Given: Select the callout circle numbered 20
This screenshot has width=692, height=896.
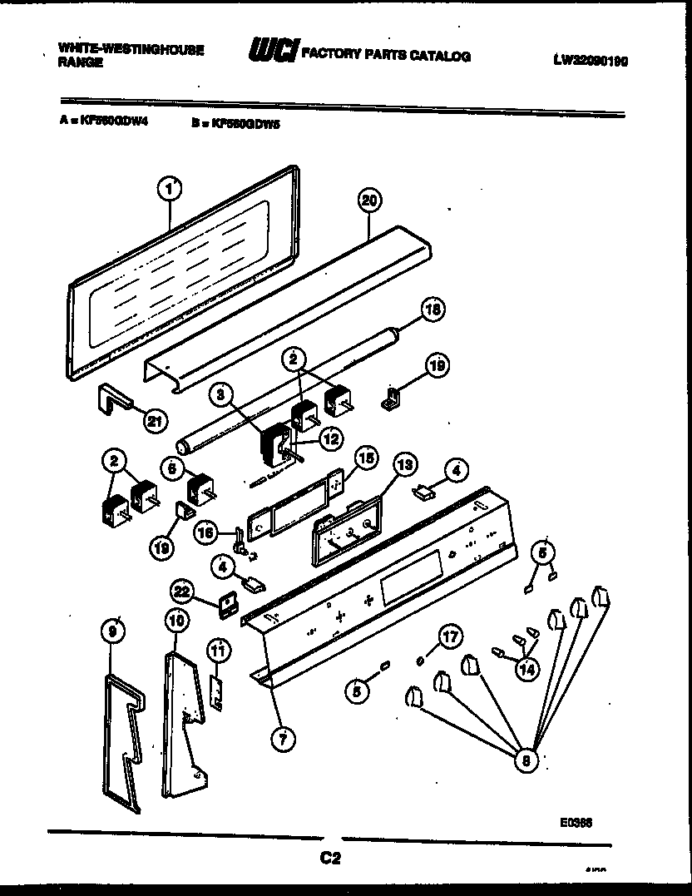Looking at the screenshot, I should tap(369, 200).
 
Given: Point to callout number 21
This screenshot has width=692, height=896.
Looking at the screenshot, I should tap(153, 420).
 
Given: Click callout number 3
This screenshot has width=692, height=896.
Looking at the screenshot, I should tap(220, 394).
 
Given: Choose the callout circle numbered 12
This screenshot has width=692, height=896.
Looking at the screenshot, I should tap(330, 438).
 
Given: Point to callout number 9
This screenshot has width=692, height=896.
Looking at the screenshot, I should tap(114, 631).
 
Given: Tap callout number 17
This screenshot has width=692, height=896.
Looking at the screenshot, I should tap(448, 638).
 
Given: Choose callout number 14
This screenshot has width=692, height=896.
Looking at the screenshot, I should tap(526, 668).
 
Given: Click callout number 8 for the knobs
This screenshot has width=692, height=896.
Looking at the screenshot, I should tap(524, 760).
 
